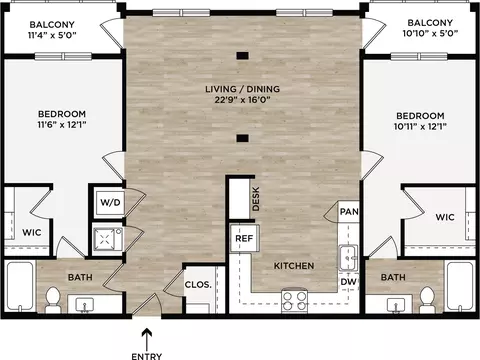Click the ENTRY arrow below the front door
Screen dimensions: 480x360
point(147,339)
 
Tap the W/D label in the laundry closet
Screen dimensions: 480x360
point(110,202)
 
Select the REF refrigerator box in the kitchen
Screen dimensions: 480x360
point(244,238)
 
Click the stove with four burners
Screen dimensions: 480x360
point(294,300)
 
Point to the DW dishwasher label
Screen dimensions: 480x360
point(348,282)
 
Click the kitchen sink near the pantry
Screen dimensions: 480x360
point(348,258)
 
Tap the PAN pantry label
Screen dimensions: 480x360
point(349,211)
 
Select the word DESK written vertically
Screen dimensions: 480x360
point(256,199)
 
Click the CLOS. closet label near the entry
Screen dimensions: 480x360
point(198,284)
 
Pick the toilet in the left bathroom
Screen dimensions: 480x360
point(53,300)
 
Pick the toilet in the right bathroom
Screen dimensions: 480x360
point(427,300)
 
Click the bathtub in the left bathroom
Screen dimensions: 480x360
point(20,286)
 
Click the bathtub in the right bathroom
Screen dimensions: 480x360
point(461,286)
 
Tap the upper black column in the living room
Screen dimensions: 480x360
point(242,56)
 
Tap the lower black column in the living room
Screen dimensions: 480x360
point(242,138)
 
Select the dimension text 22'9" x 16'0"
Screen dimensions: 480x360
point(242,100)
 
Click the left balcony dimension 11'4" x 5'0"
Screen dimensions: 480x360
point(52,35)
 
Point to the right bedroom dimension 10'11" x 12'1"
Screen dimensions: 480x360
point(420,126)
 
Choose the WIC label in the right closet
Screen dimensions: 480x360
point(445,217)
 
